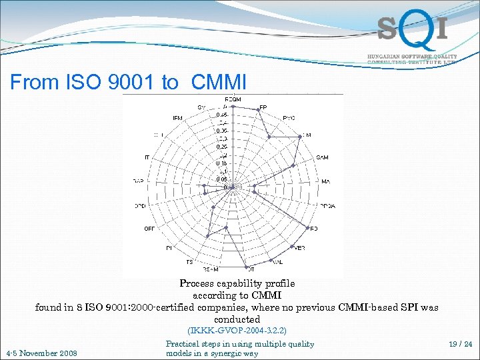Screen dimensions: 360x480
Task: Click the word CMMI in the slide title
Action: (x=218, y=83)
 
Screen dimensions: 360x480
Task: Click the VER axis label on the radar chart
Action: (x=299, y=247)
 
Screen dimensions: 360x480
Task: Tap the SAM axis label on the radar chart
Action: (x=322, y=157)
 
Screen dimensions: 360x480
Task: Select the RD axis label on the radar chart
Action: (x=314, y=229)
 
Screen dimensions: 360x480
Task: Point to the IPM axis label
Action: (x=178, y=118)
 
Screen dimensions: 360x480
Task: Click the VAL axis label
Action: (x=278, y=262)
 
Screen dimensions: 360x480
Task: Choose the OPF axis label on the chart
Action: (x=149, y=229)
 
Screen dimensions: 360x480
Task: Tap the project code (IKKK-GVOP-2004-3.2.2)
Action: (x=237, y=330)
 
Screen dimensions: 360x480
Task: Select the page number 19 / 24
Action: (x=460, y=345)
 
